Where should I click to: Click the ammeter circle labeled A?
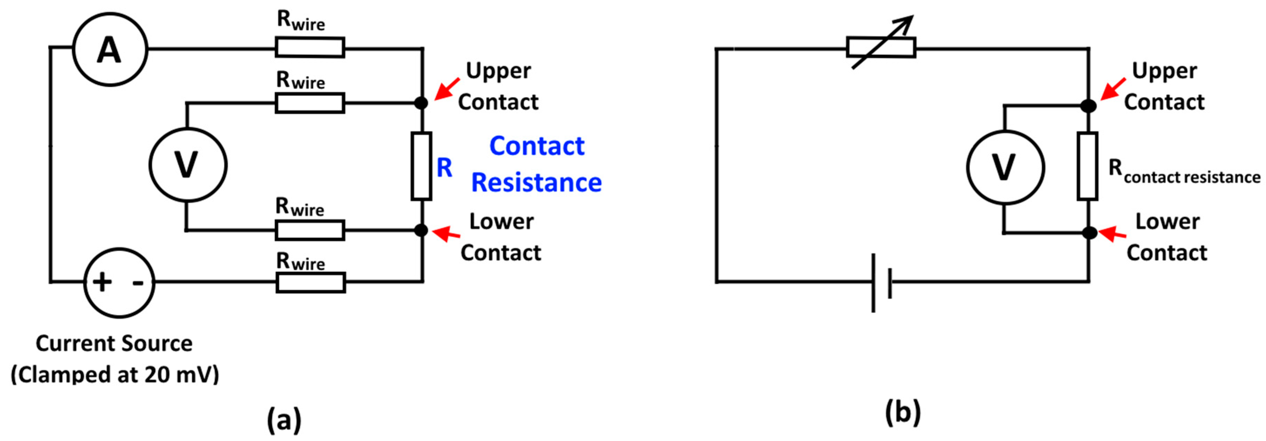(x=109, y=49)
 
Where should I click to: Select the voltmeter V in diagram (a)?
(x=188, y=165)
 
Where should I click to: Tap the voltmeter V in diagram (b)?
(x=1005, y=167)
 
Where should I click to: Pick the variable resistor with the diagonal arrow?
(x=881, y=48)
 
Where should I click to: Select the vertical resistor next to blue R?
(x=421, y=166)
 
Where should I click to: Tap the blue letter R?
(x=444, y=168)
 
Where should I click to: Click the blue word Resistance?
(x=536, y=183)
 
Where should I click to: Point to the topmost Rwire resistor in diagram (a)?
(x=310, y=48)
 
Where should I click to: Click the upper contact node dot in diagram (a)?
(x=421, y=103)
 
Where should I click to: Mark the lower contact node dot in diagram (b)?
(x=1089, y=232)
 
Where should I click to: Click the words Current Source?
(x=114, y=343)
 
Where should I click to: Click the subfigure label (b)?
(x=902, y=412)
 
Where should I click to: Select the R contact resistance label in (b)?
(x=1183, y=172)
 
